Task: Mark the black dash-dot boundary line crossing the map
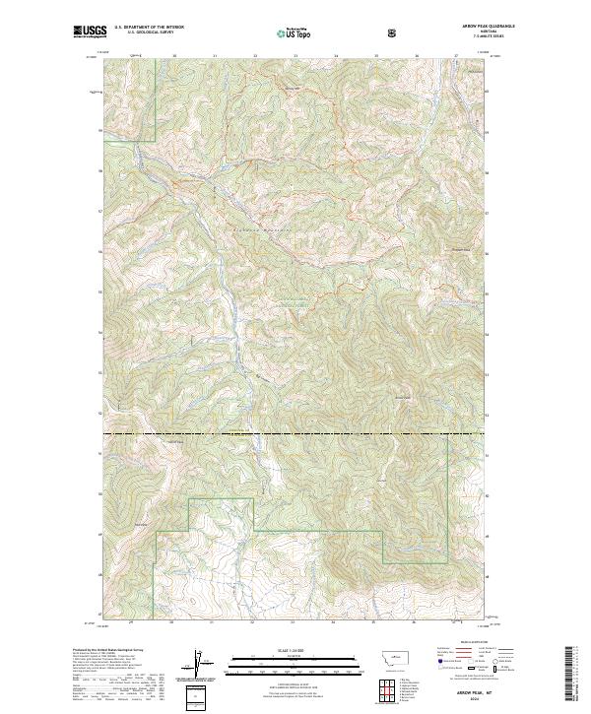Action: click(295, 433)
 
